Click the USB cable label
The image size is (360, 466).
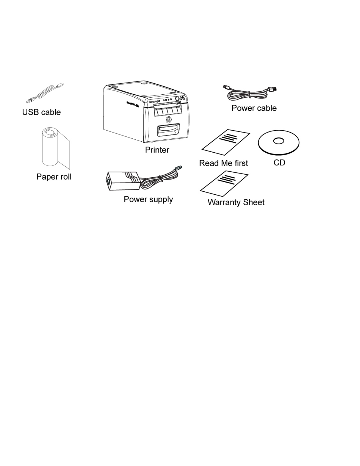[41, 112]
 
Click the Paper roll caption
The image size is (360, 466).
[54, 177]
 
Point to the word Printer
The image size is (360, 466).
[157, 150]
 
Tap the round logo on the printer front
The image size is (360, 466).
[169, 119]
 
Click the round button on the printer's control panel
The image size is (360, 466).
[177, 99]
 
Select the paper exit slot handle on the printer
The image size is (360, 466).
[168, 129]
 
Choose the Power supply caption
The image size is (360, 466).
[148, 199]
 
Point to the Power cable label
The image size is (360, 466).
[254, 108]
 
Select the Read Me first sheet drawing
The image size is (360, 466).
[226, 142]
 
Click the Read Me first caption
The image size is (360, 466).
[223, 163]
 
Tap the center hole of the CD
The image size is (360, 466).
[279, 141]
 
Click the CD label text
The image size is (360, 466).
[279, 163]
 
